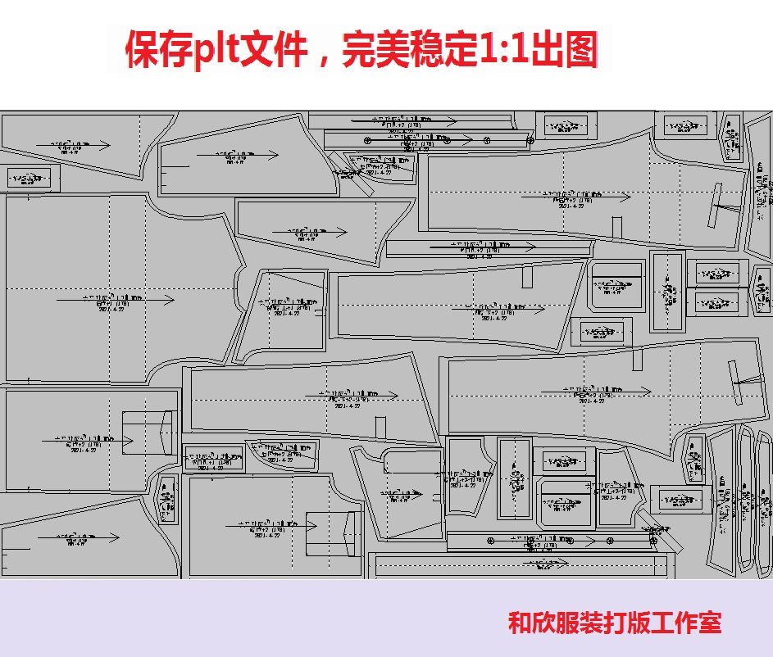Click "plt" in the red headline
pyautogui.click(x=218, y=51)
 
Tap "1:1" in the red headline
pyautogui.click(x=499, y=51)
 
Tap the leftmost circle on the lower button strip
pyautogui.click(x=490, y=541)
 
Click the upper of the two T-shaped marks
pyautogui.click(x=721, y=205)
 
